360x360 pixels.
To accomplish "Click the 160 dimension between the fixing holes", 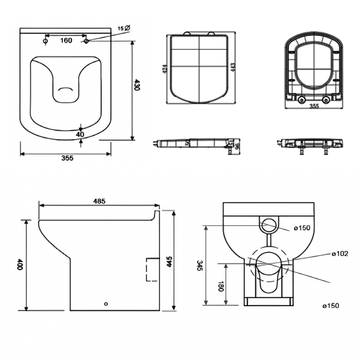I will [66, 40].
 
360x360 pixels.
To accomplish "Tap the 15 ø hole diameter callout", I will [124, 28].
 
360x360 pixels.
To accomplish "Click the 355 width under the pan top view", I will [67, 158].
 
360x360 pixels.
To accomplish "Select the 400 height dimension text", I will [20, 264].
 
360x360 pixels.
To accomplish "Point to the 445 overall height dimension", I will [171, 261].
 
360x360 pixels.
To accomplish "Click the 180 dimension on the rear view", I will [220, 287].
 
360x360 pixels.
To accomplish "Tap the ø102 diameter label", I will [340, 254].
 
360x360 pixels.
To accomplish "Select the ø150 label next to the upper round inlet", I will [302, 228].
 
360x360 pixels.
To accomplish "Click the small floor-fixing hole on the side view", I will [106, 304].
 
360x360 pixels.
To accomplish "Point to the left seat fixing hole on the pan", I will [46, 40].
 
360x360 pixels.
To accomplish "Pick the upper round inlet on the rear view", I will [269, 225].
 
